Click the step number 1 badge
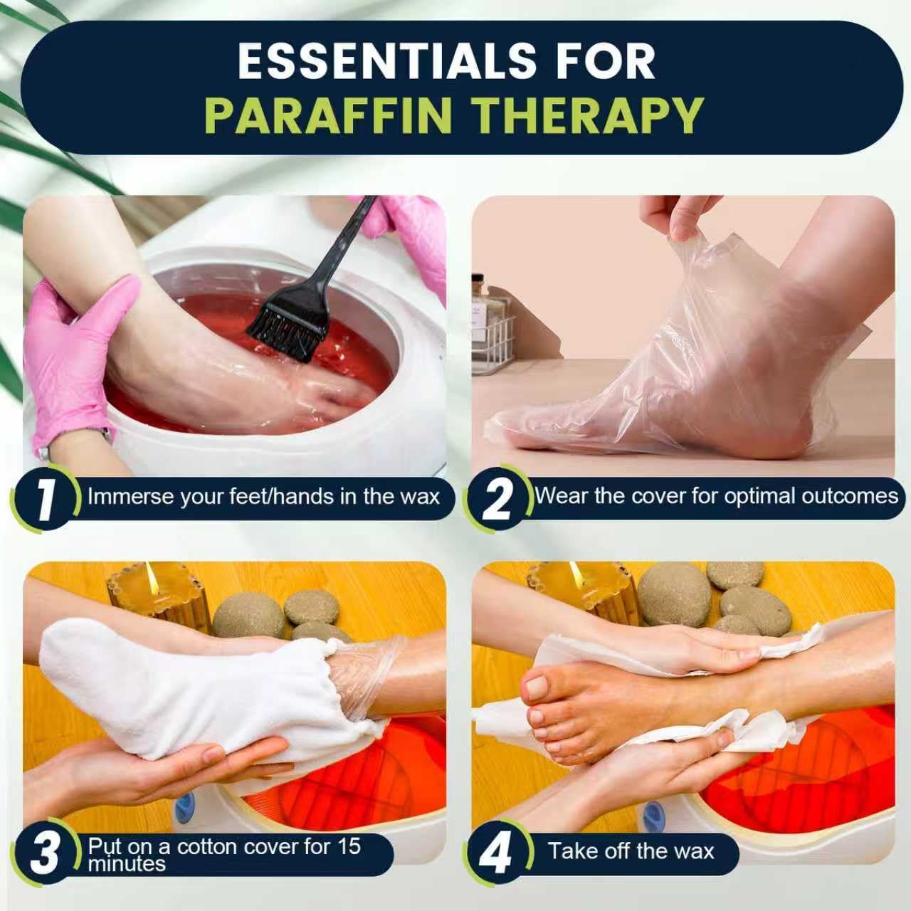[x=45, y=497]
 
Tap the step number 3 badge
[x=45, y=853]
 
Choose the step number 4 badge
[x=497, y=853]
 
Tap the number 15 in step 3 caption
[x=349, y=846]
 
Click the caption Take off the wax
[x=631, y=851]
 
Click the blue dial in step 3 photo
[x=184, y=807]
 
